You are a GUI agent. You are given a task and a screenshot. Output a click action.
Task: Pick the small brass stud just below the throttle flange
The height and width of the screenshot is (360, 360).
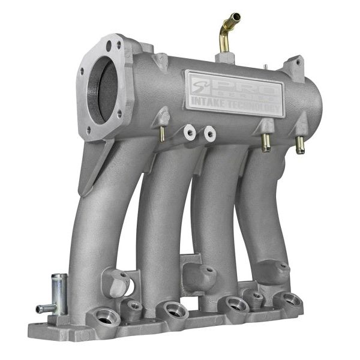point(163,135)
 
